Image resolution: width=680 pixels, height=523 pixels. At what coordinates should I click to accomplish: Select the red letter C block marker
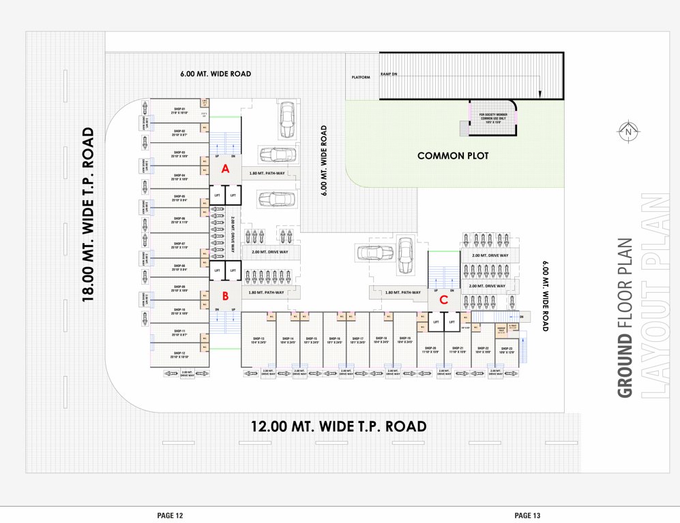(443, 298)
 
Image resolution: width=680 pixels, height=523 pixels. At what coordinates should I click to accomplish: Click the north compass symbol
(627, 131)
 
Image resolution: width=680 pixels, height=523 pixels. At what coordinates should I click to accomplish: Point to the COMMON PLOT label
(453, 156)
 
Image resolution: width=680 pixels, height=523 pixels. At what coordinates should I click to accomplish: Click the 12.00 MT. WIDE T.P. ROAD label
(338, 427)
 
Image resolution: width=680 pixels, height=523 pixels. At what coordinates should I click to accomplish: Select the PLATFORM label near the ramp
(361, 78)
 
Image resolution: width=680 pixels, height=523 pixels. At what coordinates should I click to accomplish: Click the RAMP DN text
(389, 73)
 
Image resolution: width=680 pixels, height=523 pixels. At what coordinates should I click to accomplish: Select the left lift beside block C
(436, 322)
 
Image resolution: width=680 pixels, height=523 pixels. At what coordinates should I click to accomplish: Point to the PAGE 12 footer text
(170, 516)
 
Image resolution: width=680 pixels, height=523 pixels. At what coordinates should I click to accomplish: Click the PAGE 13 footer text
(527, 516)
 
